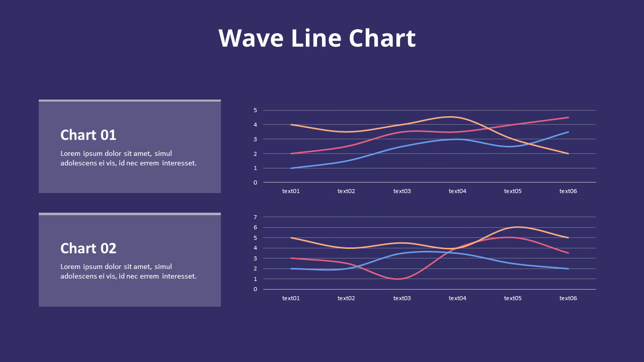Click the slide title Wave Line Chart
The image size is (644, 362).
click(317, 38)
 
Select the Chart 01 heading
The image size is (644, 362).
click(88, 135)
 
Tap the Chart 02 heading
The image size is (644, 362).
click(88, 248)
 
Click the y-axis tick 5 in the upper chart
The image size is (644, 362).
click(255, 110)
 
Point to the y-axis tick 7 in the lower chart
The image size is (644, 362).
click(255, 217)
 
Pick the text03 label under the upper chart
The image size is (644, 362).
click(402, 191)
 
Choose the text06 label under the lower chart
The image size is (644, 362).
click(568, 298)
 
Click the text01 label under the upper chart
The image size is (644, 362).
click(291, 191)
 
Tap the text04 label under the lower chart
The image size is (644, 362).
click(457, 298)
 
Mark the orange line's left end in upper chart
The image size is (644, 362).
click(291, 125)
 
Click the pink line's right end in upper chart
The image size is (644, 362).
click(568, 118)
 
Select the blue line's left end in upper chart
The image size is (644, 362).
click(291, 168)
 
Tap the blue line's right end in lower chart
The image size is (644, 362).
click(568, 268)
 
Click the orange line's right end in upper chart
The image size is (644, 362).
click(568, 153)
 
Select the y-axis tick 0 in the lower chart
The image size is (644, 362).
click(255, 289)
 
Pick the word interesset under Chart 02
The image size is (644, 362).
click(179, 276)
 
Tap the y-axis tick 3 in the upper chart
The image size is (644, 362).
click(255, 139)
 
